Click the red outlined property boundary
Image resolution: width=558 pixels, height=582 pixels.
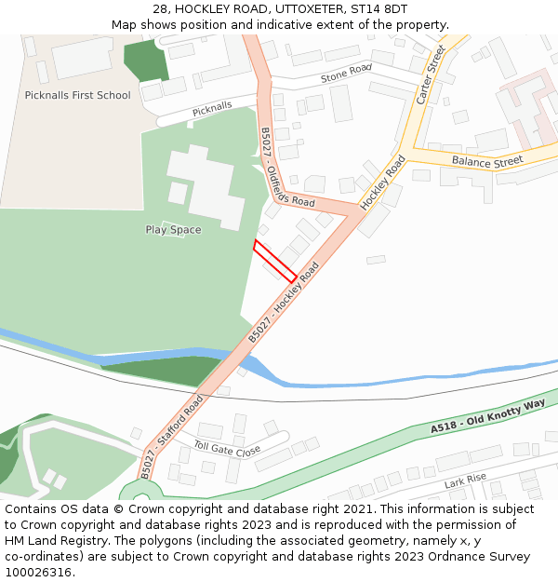[275, 260]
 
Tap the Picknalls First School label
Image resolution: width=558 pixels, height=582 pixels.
[78, 95]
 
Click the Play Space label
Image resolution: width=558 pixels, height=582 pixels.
[173, 230]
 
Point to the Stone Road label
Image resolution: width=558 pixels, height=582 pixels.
[346, 74]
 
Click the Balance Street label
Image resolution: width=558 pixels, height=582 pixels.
[487, 162]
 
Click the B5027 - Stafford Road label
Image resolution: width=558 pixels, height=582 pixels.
[173, 435]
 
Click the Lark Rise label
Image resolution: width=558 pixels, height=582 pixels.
[465, 481]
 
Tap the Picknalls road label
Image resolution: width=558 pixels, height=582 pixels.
[212, 110]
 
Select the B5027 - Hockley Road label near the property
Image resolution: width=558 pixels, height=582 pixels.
[284, 301]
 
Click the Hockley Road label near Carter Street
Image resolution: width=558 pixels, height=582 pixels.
[383, 181]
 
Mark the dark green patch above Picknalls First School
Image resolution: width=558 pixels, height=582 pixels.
[145, 61]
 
